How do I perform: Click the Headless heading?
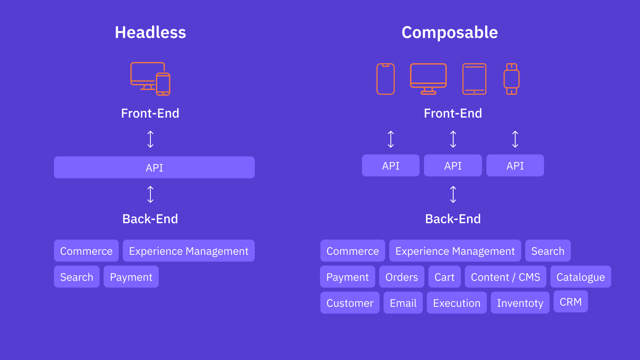pyautogui.click(x=150, y=32)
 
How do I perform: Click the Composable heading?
pyautogui.click(x=450, y=32)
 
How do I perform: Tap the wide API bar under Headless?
pyautogui.click(x=154, y=168)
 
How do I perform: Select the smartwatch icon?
pyautogui.click(x=511, y=79)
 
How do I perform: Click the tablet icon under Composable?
pyautogui.click(x=474, y=79)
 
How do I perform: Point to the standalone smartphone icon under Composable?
pyautogui.click(x=386, y=79)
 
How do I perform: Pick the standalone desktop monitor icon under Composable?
pyautogui.click(x=428, y=78)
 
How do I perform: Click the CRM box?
pyautogui.click(x=570, y=302)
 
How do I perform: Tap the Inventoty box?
pyautogui.click(x=520, y=303)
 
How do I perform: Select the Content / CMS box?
pyautogui.click(x=505, y=277)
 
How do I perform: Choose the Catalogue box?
pyautogui.click(x=580, y=277)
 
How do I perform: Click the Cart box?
pyautogui.click(x=444, y=277)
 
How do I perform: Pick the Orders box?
pyautogui.click(x=402, y=277)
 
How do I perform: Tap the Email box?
pyautogui.click(x=403, y=303)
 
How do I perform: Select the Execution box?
pyautogui.click(x=456, y=303)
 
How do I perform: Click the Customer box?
pyautogui.click(x=350, y=303)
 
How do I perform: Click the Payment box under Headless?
pyautogui.click(x=131, y=277)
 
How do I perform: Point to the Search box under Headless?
pyautogui.click(x=76, y=277)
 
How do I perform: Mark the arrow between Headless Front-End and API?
pyautogui.click(x=150, y=139)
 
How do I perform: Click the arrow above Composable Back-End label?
pyautogui.click(x=453, y=194)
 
